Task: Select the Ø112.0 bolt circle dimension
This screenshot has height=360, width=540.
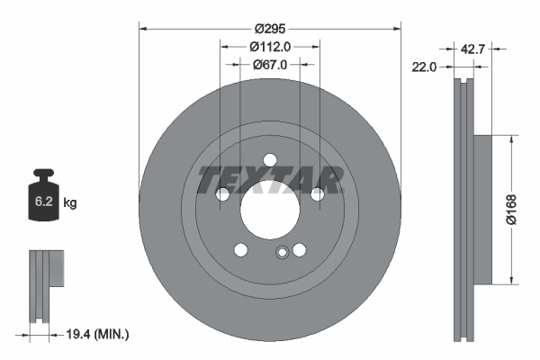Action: [268, 46]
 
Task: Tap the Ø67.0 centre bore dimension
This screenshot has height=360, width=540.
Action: [268, 65]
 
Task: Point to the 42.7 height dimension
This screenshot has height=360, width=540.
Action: [472, 49]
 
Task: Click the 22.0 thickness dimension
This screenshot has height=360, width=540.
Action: [425, 67]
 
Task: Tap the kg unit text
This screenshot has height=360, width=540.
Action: [70, 203]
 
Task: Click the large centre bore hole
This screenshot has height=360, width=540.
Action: [268, 208]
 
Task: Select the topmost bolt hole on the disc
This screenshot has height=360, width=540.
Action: [268, 160]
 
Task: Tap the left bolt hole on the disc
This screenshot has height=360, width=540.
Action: [222, 193]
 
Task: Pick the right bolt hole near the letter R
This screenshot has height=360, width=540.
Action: [316, 193]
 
